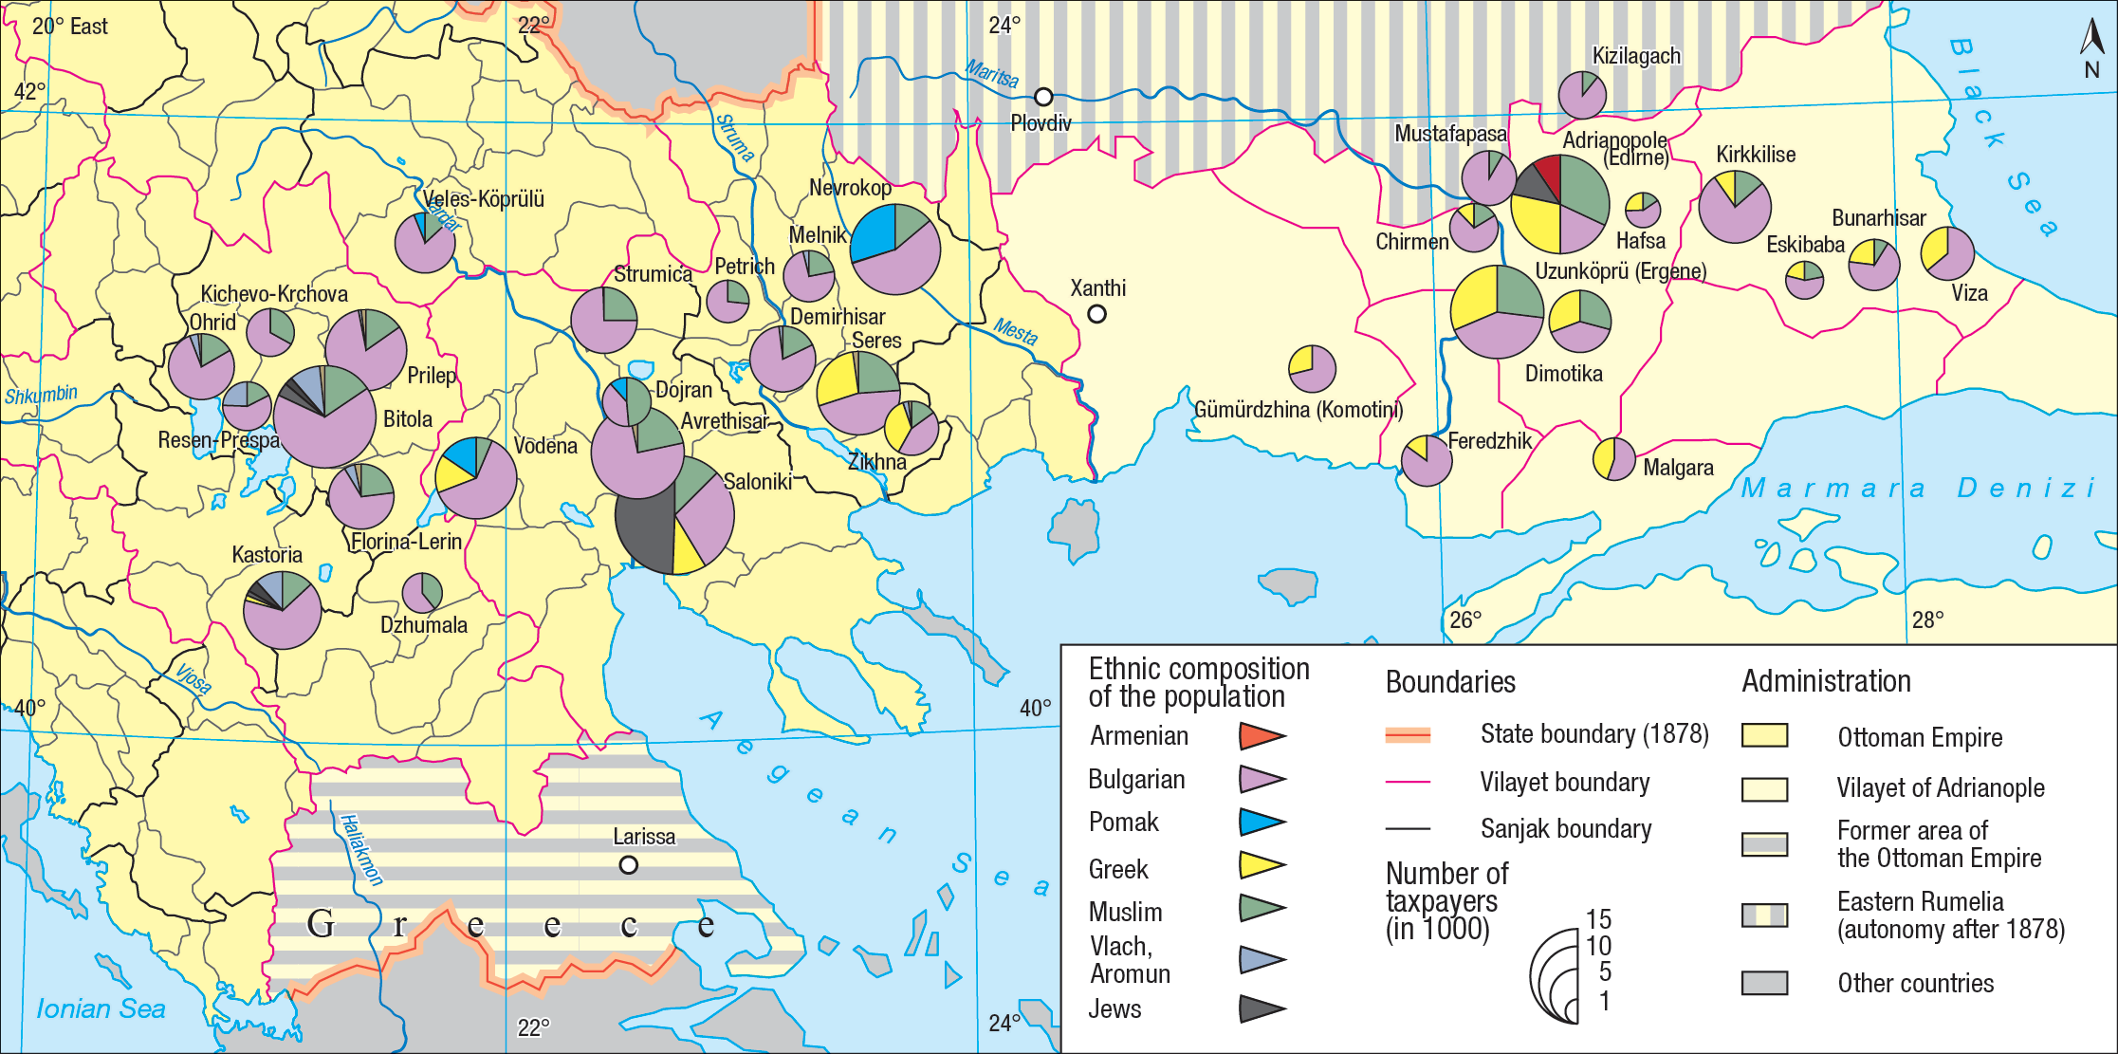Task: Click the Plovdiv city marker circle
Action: point(1043,97)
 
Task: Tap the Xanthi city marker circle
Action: point(1096,313)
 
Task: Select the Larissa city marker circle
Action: point(628,865)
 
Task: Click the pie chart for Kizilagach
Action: point(1582,95)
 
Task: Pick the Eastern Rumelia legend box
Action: point(1764,915)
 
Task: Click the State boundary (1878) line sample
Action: point(1408,734)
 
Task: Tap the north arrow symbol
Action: point(2091,40)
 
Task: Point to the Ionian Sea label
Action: point(101,1008)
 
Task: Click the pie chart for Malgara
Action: point(1613,459)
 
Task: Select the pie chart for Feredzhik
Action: point(1427,460)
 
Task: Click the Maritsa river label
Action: point(992,73)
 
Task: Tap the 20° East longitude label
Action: point(70,27)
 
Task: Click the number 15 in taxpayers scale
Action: point(1598,918)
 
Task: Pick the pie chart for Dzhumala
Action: point(422,593)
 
